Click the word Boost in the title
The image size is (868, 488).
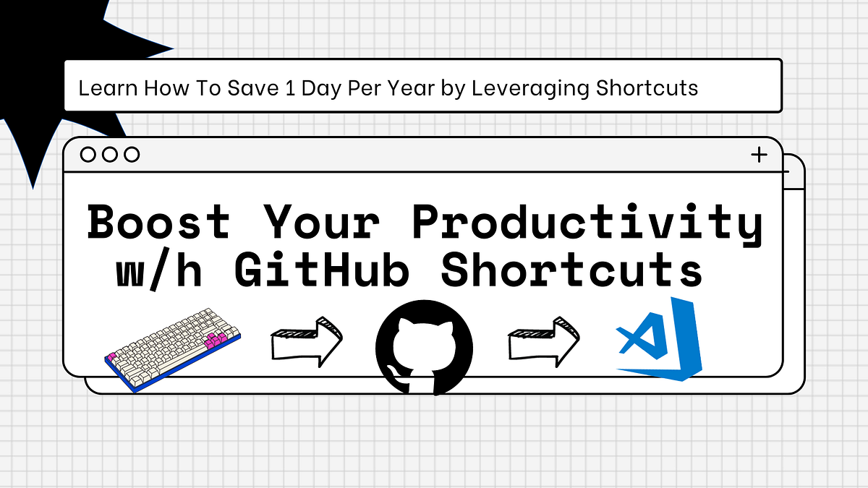tap(158, 222)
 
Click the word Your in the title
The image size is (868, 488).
tap(320, 222)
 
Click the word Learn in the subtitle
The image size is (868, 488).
tap(109, 88)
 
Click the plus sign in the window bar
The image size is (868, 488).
tap(759, 154)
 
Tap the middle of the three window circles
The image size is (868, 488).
tap(110, 154)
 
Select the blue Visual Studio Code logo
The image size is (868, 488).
tap(660, 340)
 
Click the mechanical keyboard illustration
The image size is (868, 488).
tap(174, 347)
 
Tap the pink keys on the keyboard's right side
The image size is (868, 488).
tap(217, 340)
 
